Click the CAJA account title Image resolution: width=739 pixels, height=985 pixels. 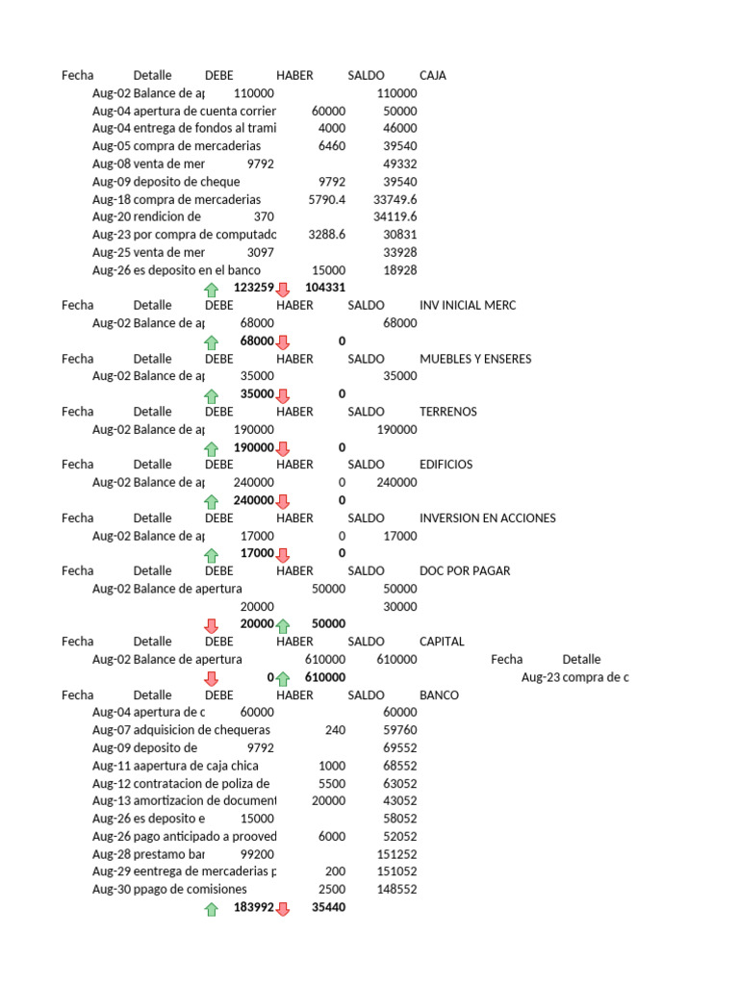tap(433, 75)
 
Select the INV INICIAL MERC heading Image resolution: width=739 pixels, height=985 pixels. tap(468, 305)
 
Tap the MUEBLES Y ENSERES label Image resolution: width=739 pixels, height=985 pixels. tap(475, 359)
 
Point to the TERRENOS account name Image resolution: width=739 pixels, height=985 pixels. tap(448, 412)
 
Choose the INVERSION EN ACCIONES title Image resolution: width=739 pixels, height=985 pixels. tap(488, 518)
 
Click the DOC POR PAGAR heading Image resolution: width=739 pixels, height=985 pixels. tap(465, 570)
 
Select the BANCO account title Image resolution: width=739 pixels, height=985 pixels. tap(440, 695)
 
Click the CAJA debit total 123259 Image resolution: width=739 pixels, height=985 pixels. tap(254, 288)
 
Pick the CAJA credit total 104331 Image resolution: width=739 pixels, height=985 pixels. tap(325, 288)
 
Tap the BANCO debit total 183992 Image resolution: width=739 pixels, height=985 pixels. tap(254, 907)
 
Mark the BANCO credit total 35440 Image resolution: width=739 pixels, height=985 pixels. tap(328, 907)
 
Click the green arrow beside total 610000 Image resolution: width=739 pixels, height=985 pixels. tap(283, 678)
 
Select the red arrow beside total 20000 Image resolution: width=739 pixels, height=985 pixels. tap(212, 625)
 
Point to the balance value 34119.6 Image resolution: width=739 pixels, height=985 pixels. tap(395, 216)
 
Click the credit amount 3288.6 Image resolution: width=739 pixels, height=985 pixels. tap(326, 235)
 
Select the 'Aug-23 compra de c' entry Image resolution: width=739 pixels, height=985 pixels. tap(574, 677)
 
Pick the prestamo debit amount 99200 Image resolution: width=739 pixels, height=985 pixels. tap(254, 853)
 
